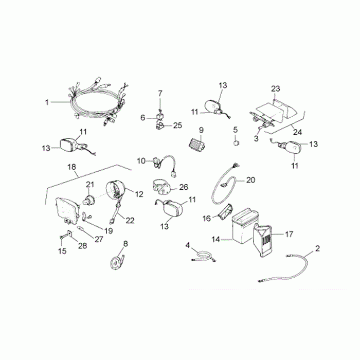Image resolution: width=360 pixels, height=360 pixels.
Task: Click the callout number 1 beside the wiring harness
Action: (x=47, y=102)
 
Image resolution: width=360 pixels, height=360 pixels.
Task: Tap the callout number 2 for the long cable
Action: (x=317, y=249)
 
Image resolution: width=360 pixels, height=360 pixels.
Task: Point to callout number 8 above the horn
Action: (x=125, y=243)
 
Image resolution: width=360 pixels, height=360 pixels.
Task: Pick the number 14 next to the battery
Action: (x=216, y=239)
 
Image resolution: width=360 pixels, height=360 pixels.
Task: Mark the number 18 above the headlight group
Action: (x=72, y=167)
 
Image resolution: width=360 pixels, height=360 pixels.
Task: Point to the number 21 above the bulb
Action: (x=90, y=185)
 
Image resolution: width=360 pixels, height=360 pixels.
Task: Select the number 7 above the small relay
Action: (x=160, y=93)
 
